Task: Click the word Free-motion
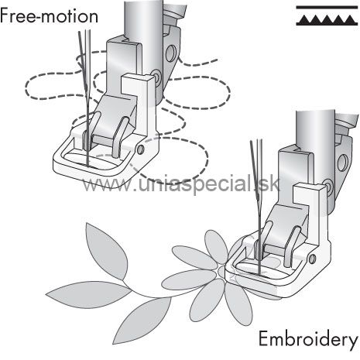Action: pos(49,15)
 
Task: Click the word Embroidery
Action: pos(309,340)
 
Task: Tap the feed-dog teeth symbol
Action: pos(327,16)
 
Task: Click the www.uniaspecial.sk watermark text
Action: pos(181,184)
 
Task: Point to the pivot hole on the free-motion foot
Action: pos(140,149)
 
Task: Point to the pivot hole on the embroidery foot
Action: pos(313,259)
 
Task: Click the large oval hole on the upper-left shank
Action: pos(170,53)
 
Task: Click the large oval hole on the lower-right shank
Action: pos(342,163)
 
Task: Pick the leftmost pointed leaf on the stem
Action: pos(88,294)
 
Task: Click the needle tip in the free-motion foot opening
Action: pos(88,164)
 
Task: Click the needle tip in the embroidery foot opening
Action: pos(259,273)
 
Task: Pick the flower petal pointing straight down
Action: pos(238,304)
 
